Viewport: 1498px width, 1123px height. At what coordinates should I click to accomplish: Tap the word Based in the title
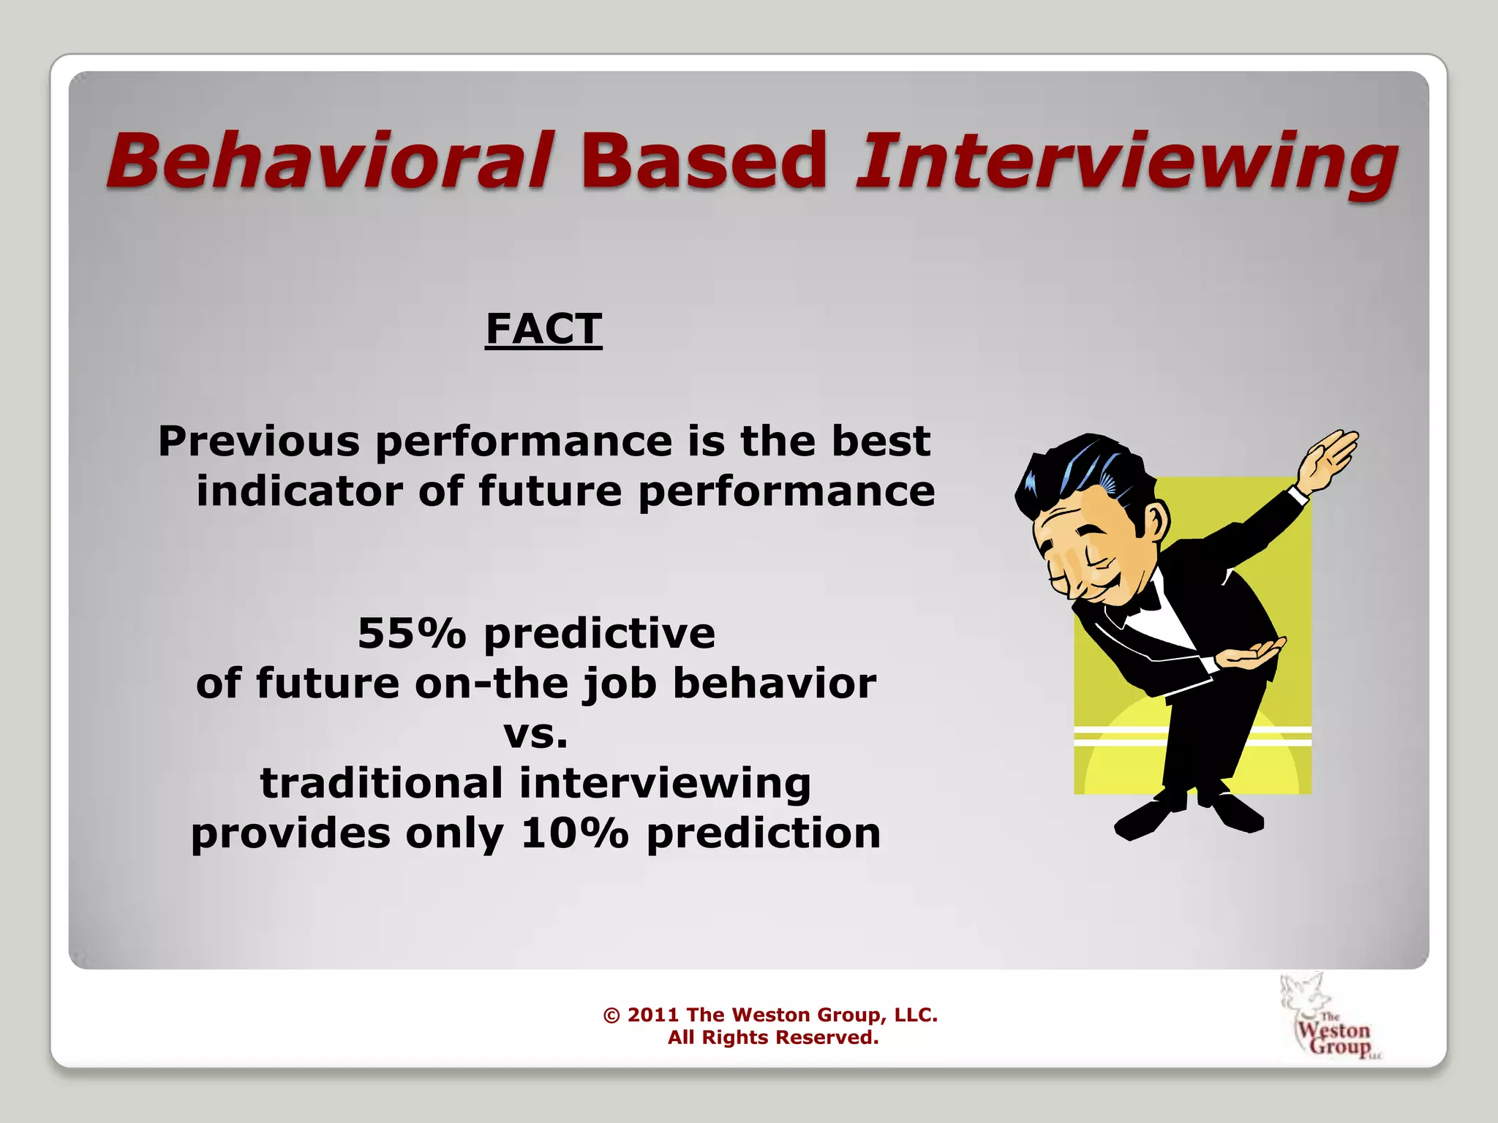pyautogui.click(x=703, y=159)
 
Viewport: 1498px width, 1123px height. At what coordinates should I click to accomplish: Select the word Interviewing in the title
pyautogui.click(x=1126, y=162)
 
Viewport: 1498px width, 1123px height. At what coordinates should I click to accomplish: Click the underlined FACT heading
pyautogui.click(x=543, y=329)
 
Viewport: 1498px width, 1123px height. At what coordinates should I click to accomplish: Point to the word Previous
pyautogui.click(x=259, y=442)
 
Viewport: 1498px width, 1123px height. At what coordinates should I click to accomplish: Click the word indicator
pyautogui.click(x=298, y=491)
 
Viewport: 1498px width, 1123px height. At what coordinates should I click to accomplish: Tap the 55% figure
pyautogui.click(x=411, y=633)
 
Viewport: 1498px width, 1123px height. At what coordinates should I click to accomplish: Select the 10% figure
pyautogui.click(x=574, y=833)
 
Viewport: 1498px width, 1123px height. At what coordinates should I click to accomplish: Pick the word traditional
pyautogui.click(x=381, y=783)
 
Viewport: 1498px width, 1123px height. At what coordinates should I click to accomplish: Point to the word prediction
pyautogui.click(x=764, y=833)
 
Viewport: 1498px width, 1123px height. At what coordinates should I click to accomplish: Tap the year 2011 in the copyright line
pyautogui.click(x=652, y=1015)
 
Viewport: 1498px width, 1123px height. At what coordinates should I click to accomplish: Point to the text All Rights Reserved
pyautogui.click(x=772, y=1037)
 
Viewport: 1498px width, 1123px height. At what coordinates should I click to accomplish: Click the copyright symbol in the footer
pyautogui.click(x=611, y=1016)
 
